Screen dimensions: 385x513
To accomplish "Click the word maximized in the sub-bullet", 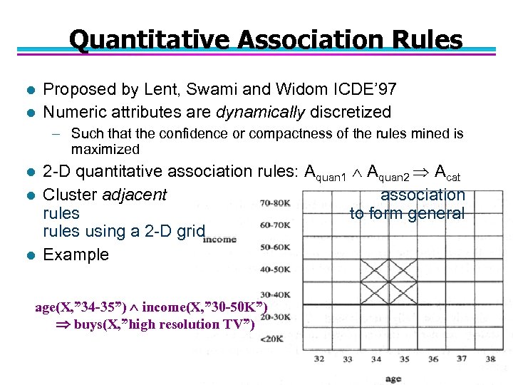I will (105, 149).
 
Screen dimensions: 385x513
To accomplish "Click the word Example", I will (76, 255).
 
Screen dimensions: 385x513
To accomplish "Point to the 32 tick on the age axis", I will (319, 358).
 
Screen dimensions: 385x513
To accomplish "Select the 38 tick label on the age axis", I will (490, 358).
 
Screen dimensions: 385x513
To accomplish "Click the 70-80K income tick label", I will (275, 202).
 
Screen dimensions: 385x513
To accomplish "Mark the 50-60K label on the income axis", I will (276, 247).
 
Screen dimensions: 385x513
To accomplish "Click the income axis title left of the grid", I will (219, 240).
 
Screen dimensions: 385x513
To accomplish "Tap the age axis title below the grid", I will (393, 378).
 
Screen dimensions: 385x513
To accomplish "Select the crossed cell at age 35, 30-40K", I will (403, 293).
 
